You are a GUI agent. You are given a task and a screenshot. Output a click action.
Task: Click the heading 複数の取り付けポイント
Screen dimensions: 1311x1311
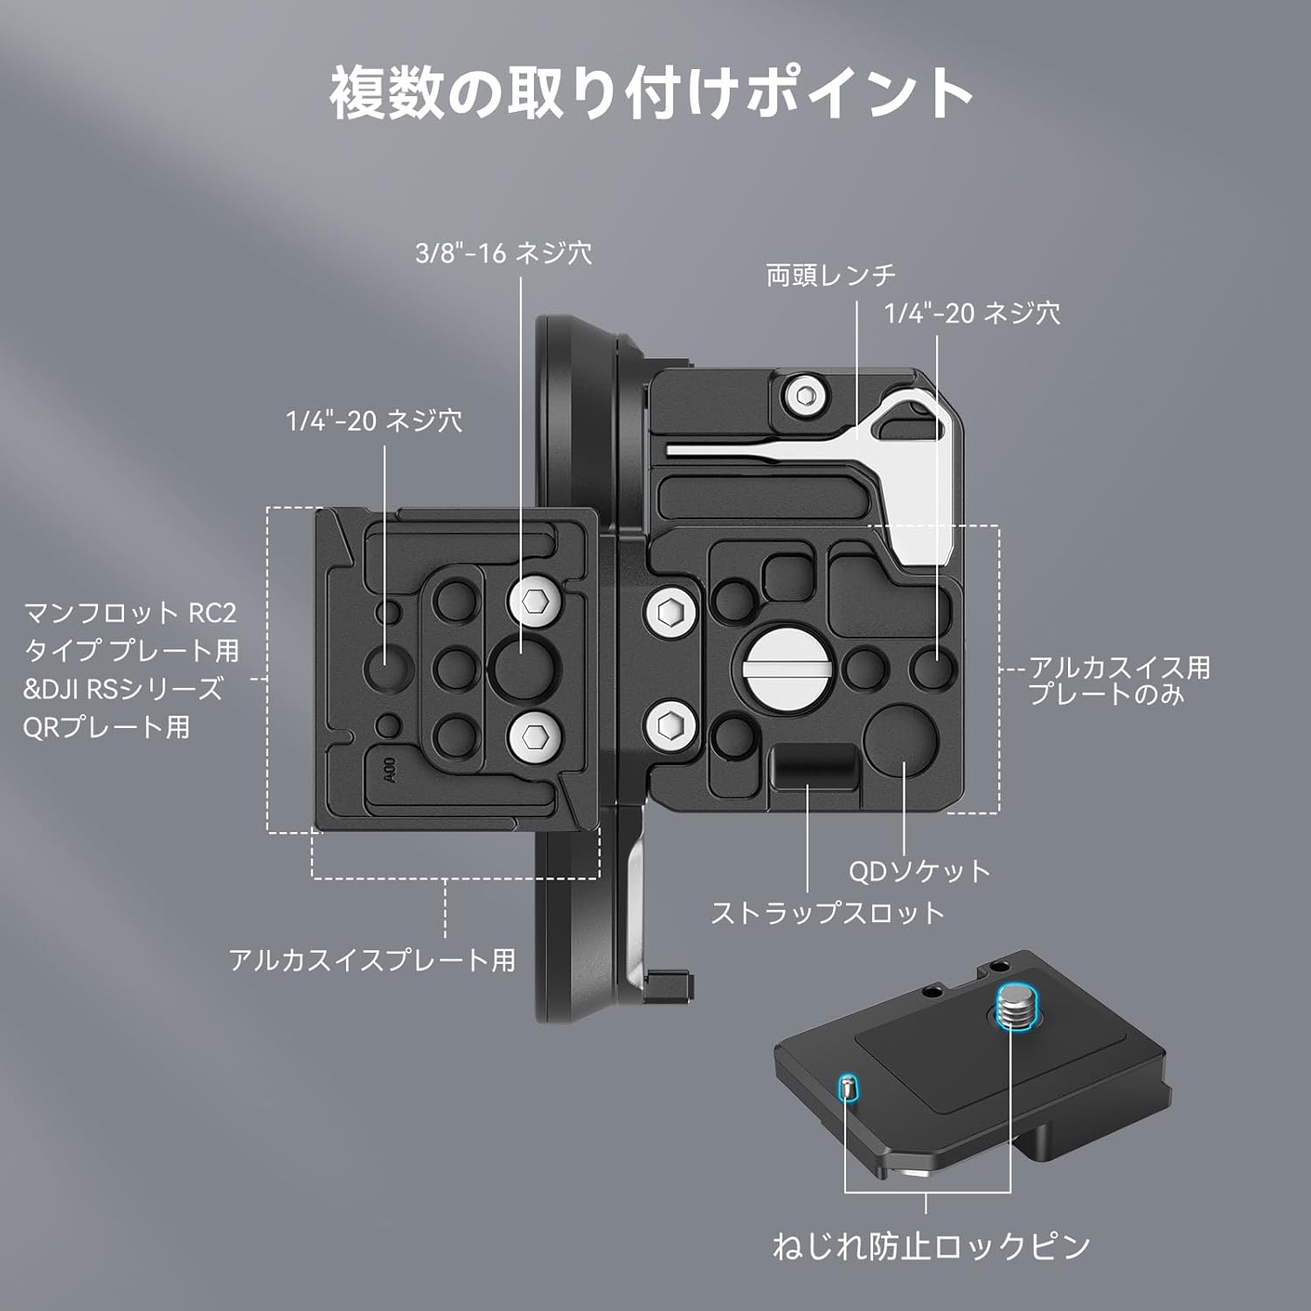652,93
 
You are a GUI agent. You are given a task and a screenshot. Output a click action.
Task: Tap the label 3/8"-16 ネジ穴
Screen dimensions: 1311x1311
503,253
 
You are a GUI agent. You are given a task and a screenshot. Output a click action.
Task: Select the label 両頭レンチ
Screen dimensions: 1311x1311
831,275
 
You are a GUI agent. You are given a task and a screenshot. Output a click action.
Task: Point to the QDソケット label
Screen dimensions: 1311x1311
919,871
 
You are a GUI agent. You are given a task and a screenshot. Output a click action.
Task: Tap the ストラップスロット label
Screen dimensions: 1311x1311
828,913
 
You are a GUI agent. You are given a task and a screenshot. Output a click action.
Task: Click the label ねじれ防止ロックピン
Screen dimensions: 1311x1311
931,1246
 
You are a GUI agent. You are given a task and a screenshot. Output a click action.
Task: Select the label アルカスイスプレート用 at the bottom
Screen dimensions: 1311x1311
372,961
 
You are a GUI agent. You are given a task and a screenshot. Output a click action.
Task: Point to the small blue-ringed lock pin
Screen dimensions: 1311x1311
847,1088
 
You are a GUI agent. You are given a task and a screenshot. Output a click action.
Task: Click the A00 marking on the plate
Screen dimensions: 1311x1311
390,770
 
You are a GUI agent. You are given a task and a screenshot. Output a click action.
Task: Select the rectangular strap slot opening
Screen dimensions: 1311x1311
815,764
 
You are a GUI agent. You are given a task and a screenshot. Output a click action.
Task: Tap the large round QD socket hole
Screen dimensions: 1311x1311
900,742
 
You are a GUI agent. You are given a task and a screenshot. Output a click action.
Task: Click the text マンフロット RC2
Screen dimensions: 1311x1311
130,613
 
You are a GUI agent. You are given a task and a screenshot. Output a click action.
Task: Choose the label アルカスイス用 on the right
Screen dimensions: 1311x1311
1119,669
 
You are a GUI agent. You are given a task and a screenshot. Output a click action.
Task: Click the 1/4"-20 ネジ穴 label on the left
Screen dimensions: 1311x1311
374,421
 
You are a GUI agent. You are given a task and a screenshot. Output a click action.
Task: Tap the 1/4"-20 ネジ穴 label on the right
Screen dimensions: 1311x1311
972,313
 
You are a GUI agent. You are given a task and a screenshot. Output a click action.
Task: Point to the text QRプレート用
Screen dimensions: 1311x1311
106,727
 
